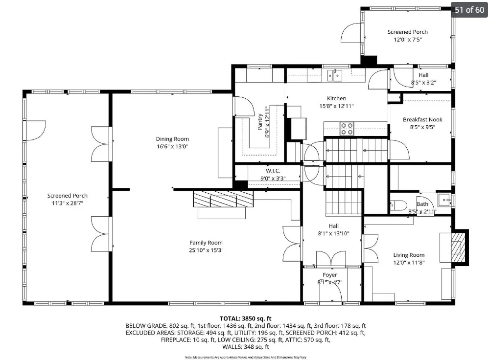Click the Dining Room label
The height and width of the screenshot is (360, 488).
pyautogui.click(x=172, y=139)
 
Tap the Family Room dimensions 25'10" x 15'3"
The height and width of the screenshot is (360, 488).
pyautogui.click(x=206, y=250)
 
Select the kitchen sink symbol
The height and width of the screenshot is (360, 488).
pyautogui.click(x=335, y=75)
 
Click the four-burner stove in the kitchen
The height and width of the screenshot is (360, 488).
pyautogui.click(x=347, y=129)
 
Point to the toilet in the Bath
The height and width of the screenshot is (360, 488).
pyautogui.click(x=399, y=205)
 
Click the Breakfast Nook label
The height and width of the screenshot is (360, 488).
pyautogui.click(x=422, y=120)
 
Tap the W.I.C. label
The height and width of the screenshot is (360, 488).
pyautogui.click(x=273, y=171)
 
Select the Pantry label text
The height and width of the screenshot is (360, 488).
pyautogui.click(x=260, y=122)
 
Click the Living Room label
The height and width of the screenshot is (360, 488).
pyautogui.click(x=409, y=255)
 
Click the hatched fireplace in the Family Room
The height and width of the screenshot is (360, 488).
pyautogui.click(x=223, y=199)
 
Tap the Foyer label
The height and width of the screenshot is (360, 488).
pyautogui.click(x=330, y=275)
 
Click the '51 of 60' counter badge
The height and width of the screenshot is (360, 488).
pyautogui.click(x=469, y=10)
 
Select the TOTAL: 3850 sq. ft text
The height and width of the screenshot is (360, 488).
pyautogui.click(x=246, y=318)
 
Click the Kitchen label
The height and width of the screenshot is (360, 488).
pyautogui.click(x=336, y=98)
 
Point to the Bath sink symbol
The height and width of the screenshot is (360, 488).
pyautogui.click(x=444, y=200)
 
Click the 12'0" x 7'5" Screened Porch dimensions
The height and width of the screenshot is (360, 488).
pyautogui.click(x=408, y=40)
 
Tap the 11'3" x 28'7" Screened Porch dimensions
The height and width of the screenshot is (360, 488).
pyautogui.click(x=68, y=203)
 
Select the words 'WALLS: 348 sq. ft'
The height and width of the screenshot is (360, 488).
pyautogui.click(x=246, y=347)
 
